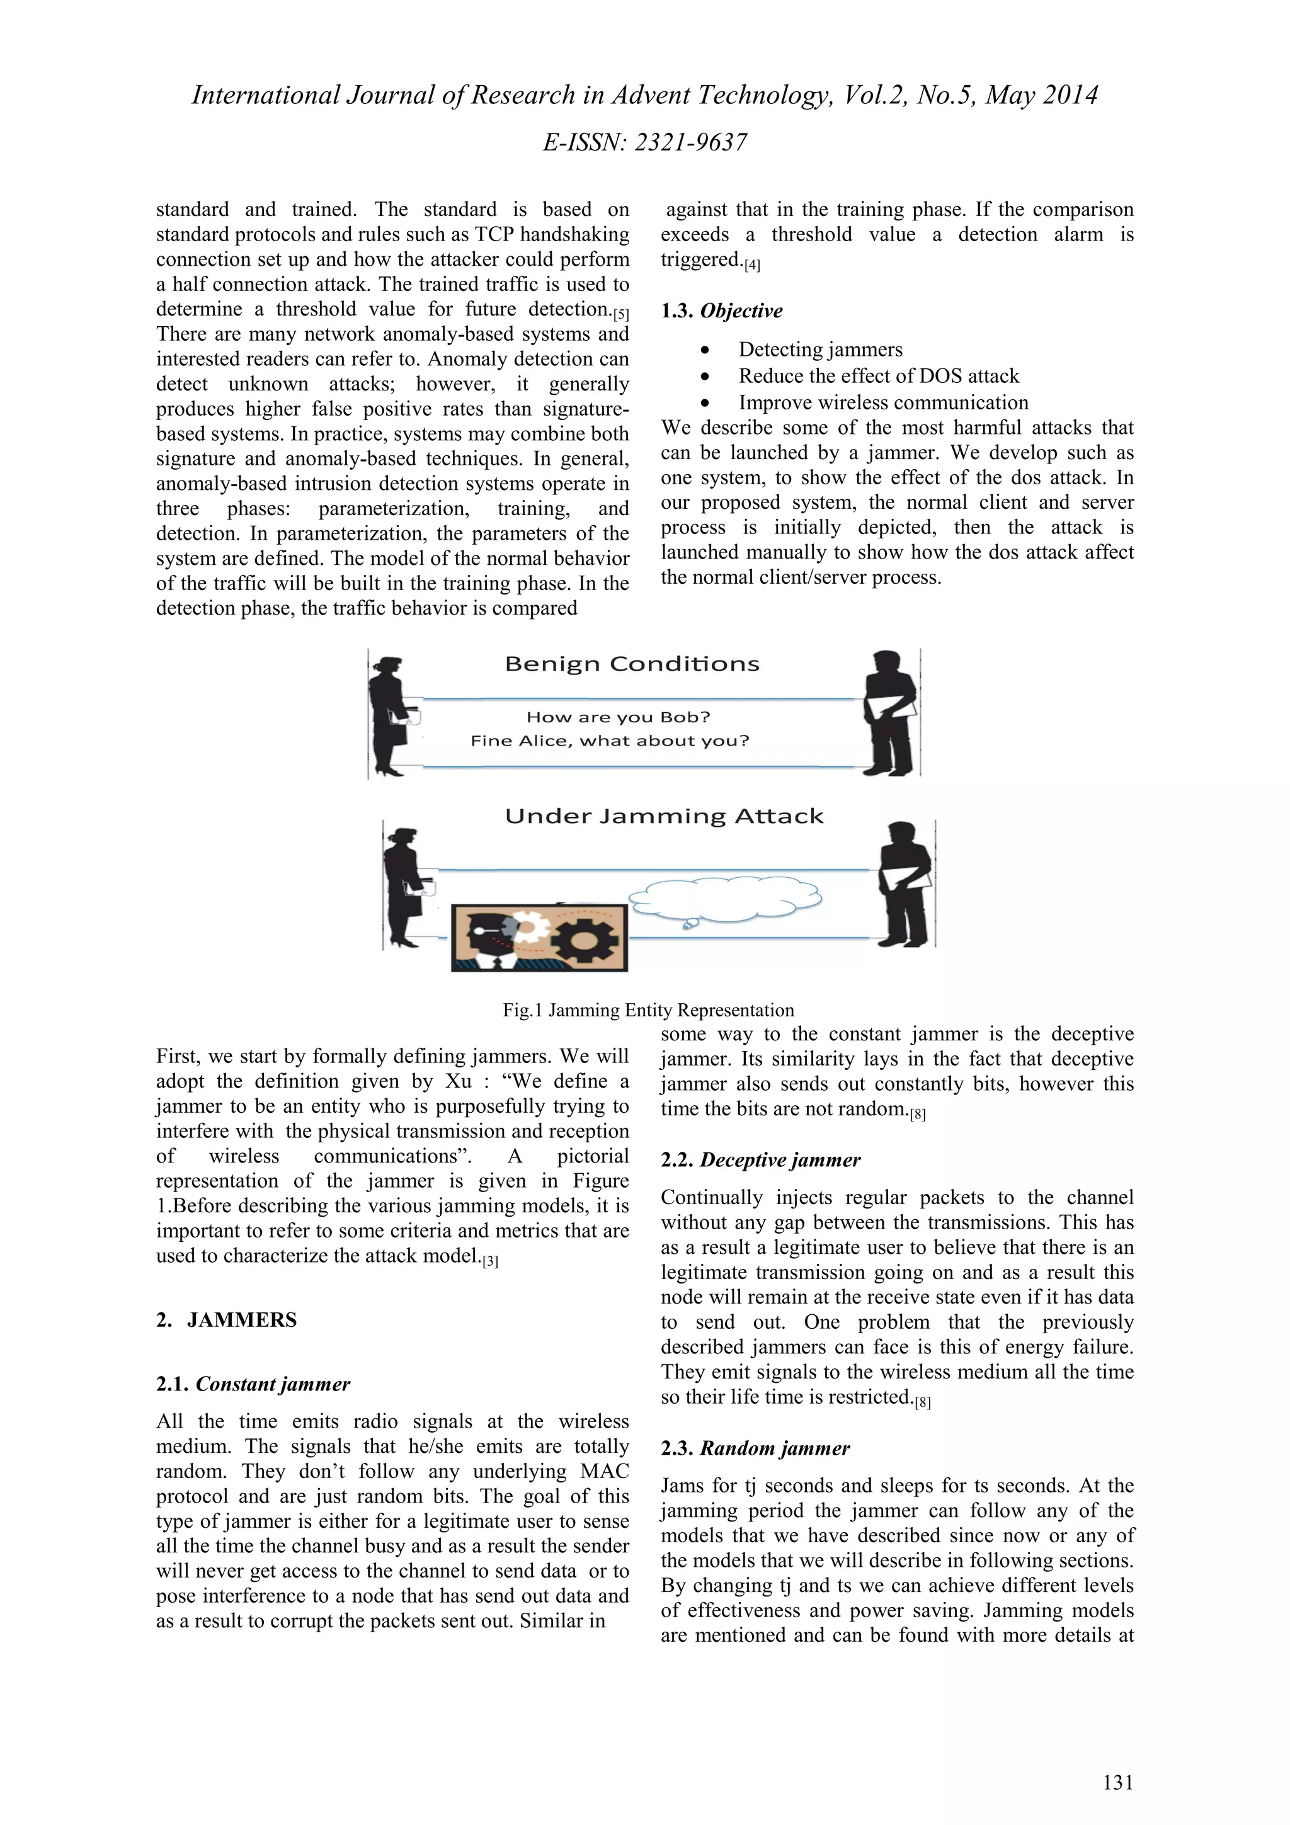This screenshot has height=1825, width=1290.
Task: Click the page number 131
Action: pyautogui.click(x=1117, y=1783)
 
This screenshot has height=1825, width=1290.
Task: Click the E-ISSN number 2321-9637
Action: pyautogui.click(x=691, y=142)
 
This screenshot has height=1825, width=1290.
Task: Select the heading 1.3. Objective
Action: pyautogui.click(x=721, y=311)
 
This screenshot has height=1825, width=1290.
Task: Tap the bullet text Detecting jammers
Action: pyautogui.click(x=820, y=350)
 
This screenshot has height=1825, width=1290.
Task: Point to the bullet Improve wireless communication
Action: pyautogui.click(x=883, y=402)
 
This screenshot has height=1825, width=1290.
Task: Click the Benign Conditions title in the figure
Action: pyautogui.click(x=632, y=664)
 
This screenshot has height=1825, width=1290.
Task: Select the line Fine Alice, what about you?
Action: pyautogui.click(x=610, y=741)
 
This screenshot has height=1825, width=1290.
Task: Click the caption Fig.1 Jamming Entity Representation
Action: pyautogui.click(x=648, y=1010)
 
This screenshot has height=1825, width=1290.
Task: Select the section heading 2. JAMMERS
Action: pyautogui.click(x=227, y=1321)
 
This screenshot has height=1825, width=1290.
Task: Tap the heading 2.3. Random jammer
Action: pyautogui.click(x=755, y=1448)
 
